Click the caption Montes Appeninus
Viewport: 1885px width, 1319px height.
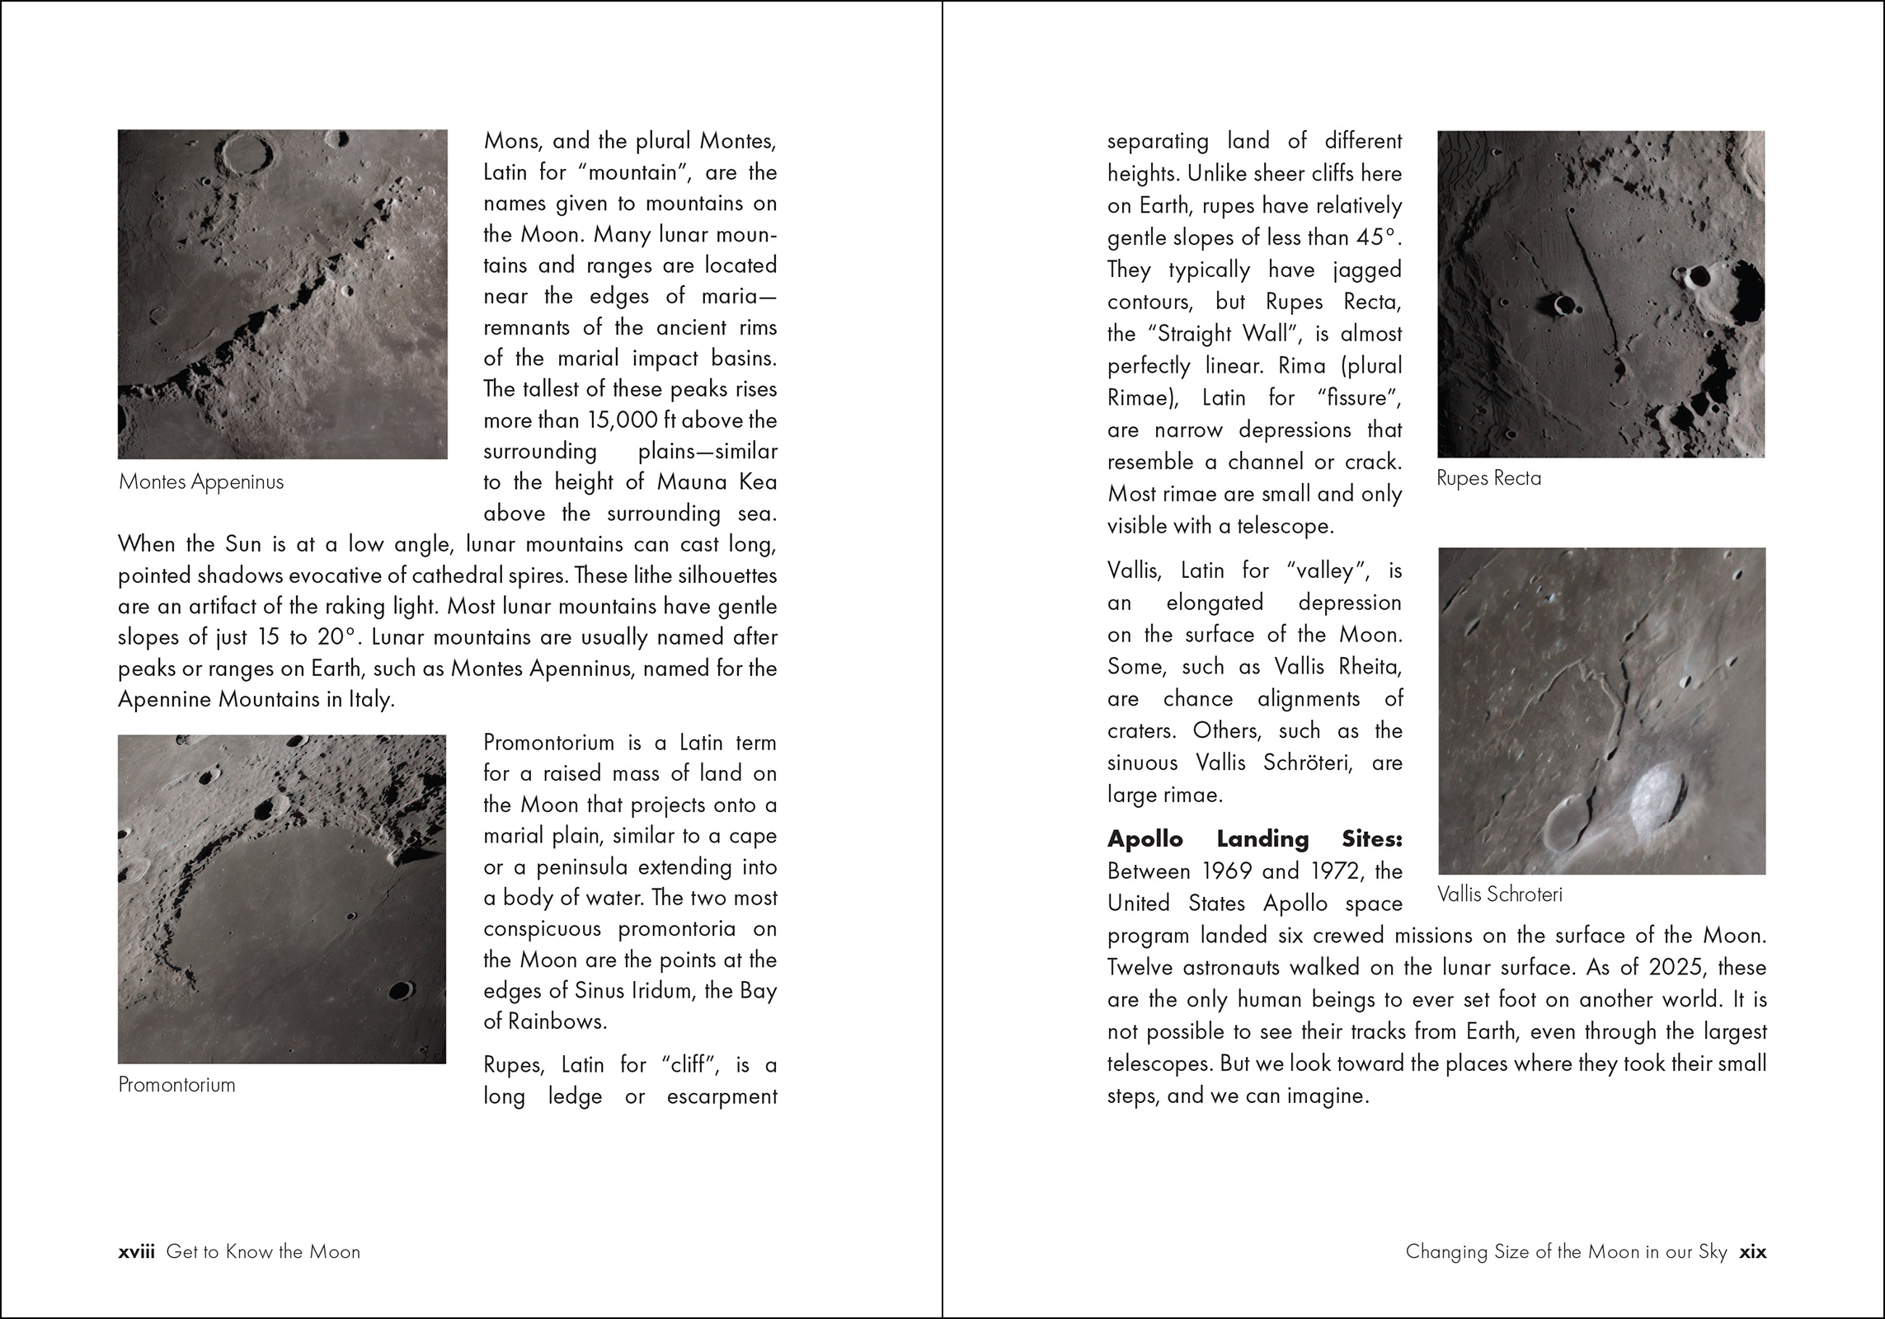(201, 482)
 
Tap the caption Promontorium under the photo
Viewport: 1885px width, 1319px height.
(176, 1084)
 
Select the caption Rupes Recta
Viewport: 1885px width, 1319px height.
(1488, 478)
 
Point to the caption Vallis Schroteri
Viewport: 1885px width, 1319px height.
(1499, 894)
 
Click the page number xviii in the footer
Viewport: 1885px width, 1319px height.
(136, 1251)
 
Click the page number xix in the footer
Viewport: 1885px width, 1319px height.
(1752, 1251)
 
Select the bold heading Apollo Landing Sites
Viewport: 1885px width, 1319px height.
(1254, 839)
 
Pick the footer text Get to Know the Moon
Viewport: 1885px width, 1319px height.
(263, 1251)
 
